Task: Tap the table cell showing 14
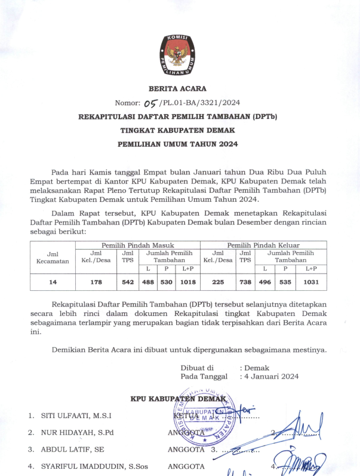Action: coord(53,282)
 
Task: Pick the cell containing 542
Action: coord(128,282)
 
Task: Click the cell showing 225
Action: coord(217,282)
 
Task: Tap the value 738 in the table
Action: coord(245,282)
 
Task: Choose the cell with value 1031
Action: coord(310,282)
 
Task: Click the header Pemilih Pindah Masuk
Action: coord(137,245)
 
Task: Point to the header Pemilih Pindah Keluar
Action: coord(263,245)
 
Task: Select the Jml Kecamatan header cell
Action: coord(53,257)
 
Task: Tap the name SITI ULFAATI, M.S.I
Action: coord(76,416)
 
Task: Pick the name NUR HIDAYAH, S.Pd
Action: coord(78,432)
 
